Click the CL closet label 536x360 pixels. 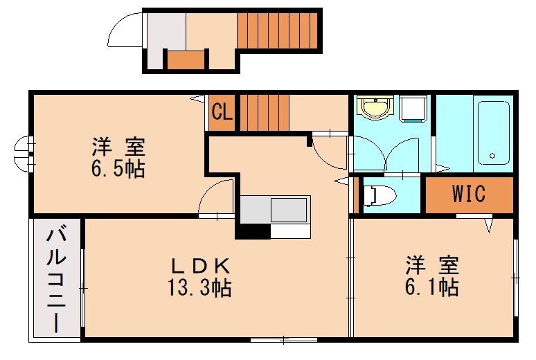click(222, 112)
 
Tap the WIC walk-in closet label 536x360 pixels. click(470, 194)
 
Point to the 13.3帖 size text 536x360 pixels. click(199, 287)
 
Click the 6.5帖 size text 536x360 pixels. click(117, 169)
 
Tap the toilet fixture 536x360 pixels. click(379, 195)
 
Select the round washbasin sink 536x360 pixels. click(375, 107)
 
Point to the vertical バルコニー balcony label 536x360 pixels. click(56, 280)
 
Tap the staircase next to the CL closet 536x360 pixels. click(264, 112)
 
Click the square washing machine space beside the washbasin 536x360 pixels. click(413, 108)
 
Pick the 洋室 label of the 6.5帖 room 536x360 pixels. click(117, 147)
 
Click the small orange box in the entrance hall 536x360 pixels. click(186, 60)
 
